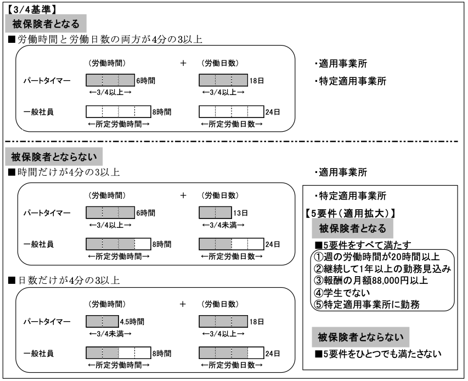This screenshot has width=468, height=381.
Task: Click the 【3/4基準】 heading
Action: [x=31, y=9]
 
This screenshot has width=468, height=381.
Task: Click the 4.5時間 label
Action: [x=132, y=322]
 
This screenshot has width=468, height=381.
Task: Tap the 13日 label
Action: [x=240, y=213]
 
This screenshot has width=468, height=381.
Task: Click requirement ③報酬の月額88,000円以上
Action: [x=371, y=281]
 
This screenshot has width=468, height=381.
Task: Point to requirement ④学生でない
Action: [x=342, y=292]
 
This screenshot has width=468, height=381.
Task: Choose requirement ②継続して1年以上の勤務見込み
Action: [x=382, y=268]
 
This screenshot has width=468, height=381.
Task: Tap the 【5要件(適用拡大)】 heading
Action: [x=351, y=213]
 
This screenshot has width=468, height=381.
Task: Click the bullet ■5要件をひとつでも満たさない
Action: [x=378, y=354]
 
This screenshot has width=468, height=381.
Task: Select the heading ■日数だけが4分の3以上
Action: [x=64, y=280]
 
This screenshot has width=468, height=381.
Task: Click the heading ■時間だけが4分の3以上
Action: [x=64, y=172]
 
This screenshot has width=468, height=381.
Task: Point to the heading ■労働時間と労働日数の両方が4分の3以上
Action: [x=105, y=39]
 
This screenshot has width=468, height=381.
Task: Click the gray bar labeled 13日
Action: [x=215, y=212]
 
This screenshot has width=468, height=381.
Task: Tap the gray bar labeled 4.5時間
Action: [x=102, y=321]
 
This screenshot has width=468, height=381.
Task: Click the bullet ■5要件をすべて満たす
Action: [x=363, y=245]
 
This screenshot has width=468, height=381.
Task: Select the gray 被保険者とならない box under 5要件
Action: [x=360, y=337]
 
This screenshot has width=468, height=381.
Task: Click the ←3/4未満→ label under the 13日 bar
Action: [x=223, y=225]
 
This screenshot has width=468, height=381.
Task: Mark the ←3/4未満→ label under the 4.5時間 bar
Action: [x=110, y=334]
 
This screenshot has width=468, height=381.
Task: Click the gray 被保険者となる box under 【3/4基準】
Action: [x=46, y=23]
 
